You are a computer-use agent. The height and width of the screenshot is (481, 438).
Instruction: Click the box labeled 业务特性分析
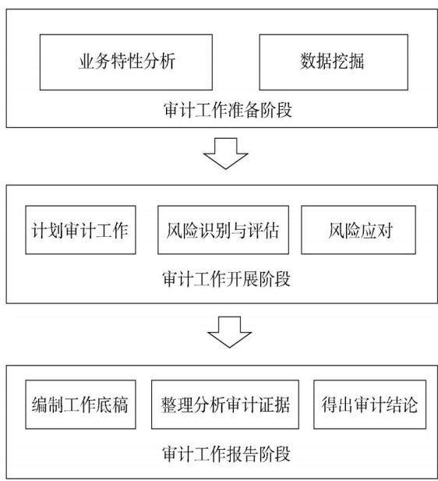(126, 62)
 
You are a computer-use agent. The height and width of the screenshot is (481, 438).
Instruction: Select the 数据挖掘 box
(334, 62)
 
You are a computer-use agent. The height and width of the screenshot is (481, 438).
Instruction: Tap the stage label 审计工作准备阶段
(228, 110)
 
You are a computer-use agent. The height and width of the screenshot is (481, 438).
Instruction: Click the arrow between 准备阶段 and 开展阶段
(226, 154)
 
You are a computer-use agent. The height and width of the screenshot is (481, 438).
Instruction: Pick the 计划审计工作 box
(81, 230)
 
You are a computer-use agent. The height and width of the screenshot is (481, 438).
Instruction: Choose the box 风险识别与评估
(224, 230)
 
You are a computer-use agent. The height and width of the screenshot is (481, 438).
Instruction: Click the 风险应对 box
(359, 230)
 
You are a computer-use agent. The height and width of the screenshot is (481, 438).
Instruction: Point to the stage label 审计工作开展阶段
(226, 279)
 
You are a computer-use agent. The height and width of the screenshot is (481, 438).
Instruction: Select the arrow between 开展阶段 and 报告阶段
(229, 332)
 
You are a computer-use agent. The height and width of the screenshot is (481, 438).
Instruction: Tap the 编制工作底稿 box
(81, 405)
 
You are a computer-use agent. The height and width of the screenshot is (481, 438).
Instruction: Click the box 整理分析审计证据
(225, 405)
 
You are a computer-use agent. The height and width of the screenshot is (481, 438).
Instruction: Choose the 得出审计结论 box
(370, 405)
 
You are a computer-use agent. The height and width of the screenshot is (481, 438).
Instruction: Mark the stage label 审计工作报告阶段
(226, 454)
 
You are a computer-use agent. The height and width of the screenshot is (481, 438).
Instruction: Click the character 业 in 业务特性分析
(87, 61)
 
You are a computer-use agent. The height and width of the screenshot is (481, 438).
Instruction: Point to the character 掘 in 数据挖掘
(356, 61)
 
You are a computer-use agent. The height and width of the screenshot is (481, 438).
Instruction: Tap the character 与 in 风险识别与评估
(239, 231)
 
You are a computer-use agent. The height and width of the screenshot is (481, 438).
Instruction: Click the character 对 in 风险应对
(385, 231)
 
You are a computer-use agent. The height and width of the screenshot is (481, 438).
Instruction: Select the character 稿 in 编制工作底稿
(120, 405)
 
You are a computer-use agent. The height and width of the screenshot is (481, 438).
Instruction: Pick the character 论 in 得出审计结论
(410, 405)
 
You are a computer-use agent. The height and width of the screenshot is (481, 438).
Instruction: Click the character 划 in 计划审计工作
(56, 231)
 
